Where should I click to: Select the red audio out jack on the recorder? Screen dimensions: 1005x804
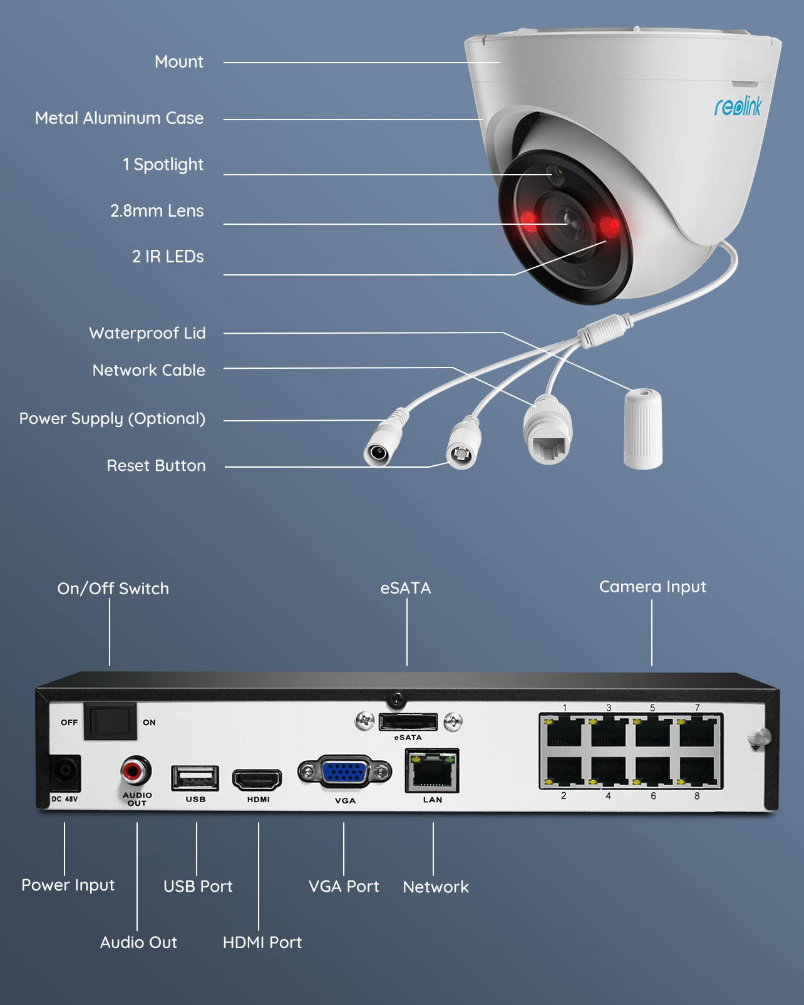click(x=136, y=771)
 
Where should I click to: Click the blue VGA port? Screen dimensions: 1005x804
click(x=344, y=773)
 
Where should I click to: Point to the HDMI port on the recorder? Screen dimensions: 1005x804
click(x=257, y=780)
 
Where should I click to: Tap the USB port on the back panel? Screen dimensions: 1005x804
click(x=195, y=778)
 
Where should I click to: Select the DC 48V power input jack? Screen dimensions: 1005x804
click(x=65, y=773)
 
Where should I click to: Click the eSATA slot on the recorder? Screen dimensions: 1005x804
click(x=408, y=722)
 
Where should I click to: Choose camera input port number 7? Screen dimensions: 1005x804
click(x=698, y=731)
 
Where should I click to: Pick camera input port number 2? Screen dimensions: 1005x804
click(x=564, y=772)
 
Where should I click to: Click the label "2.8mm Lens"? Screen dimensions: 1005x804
click(x=157, y=211)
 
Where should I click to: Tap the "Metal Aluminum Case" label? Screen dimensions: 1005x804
click(x=119, y=118)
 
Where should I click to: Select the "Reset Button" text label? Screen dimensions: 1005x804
click(x=156, y=466)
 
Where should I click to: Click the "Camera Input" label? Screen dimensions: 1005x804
click(x=652, y=587)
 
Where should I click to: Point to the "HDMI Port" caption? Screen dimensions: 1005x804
click(x=262, y=942)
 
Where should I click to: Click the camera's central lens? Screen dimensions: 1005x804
click(x=565, y=220)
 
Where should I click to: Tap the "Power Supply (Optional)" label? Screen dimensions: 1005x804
click(x=112, y=419)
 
